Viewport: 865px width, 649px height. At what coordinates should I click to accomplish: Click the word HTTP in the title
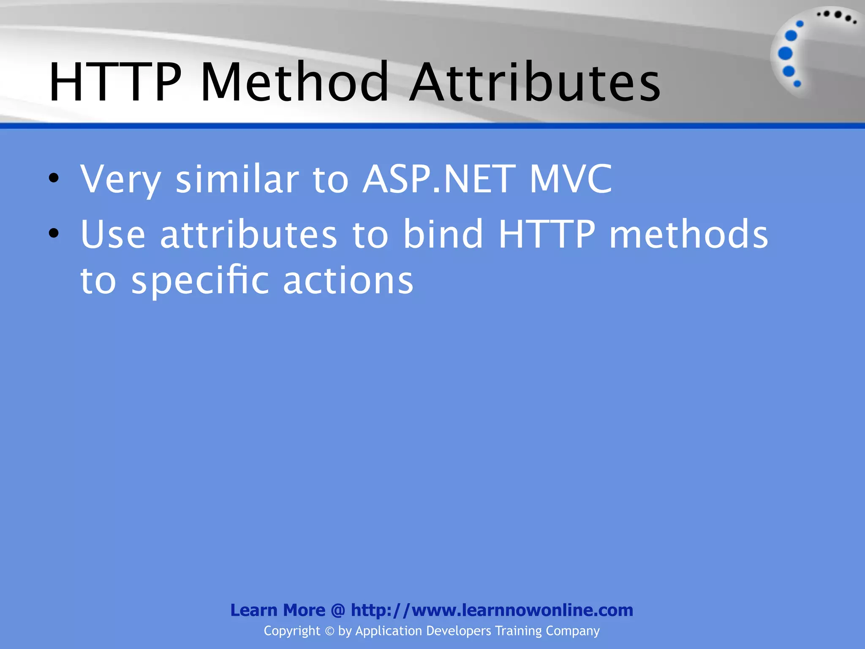click(115, 82)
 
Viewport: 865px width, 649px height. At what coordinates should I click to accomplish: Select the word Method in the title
click(295, 82)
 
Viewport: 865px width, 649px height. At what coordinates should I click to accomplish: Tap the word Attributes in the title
click(535, 82)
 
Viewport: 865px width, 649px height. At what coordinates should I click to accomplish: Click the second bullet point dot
click(53, 233)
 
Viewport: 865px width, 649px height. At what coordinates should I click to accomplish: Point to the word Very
click(121, 180)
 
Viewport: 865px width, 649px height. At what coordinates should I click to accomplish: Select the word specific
click(200, 281)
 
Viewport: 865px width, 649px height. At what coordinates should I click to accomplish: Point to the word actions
click(348, 281)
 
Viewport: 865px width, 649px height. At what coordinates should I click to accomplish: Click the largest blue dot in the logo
click(785, 53)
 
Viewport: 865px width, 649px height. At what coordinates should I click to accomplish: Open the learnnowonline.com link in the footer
click(492, 610)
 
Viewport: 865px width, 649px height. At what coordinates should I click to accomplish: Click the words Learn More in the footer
click(277, 610)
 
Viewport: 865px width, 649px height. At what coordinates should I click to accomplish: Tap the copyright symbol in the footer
click(329, 631)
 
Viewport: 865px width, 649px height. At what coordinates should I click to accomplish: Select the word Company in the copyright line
click(572, 631)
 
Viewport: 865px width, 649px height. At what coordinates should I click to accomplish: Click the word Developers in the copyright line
click(459, 631)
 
